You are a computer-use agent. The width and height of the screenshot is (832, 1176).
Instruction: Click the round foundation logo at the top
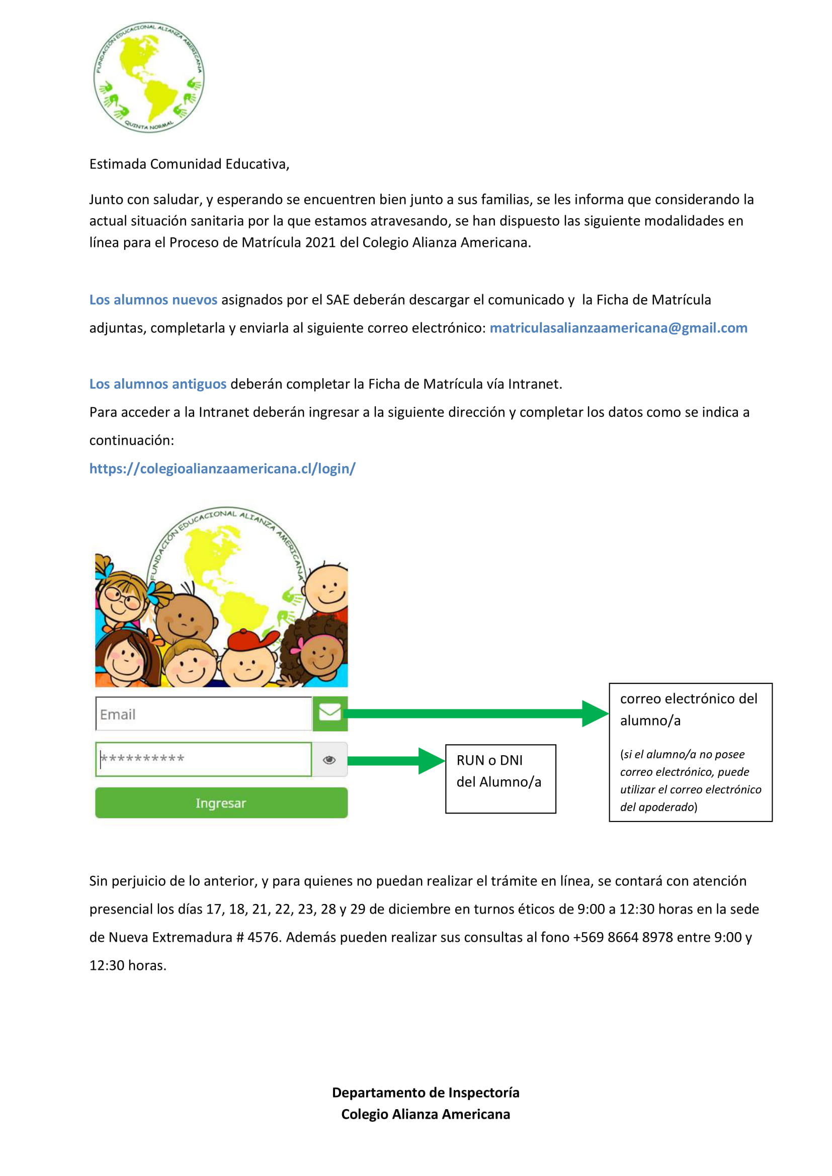click(148, 77)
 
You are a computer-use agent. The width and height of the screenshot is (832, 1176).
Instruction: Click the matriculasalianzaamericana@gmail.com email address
click(618, 328)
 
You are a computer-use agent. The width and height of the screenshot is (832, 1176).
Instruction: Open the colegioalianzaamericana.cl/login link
click(222, 468)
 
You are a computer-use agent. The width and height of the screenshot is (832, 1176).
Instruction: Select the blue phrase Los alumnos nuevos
click(153, 300)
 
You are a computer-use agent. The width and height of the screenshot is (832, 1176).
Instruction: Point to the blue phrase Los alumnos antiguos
click(158, 384)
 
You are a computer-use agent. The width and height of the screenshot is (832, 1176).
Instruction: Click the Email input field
click(204, 714)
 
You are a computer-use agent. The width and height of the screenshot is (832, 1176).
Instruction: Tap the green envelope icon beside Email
click(330, 713)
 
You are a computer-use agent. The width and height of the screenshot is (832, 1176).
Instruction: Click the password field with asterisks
click(204, 759)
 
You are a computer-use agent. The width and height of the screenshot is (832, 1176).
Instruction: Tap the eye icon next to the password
click(329, 760)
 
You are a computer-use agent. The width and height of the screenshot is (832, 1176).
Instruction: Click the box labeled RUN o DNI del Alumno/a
click(500, 778)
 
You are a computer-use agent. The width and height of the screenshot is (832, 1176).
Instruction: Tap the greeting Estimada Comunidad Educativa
click(190, 164)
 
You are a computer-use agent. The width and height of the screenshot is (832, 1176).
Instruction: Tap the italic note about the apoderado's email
click(690, 781)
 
